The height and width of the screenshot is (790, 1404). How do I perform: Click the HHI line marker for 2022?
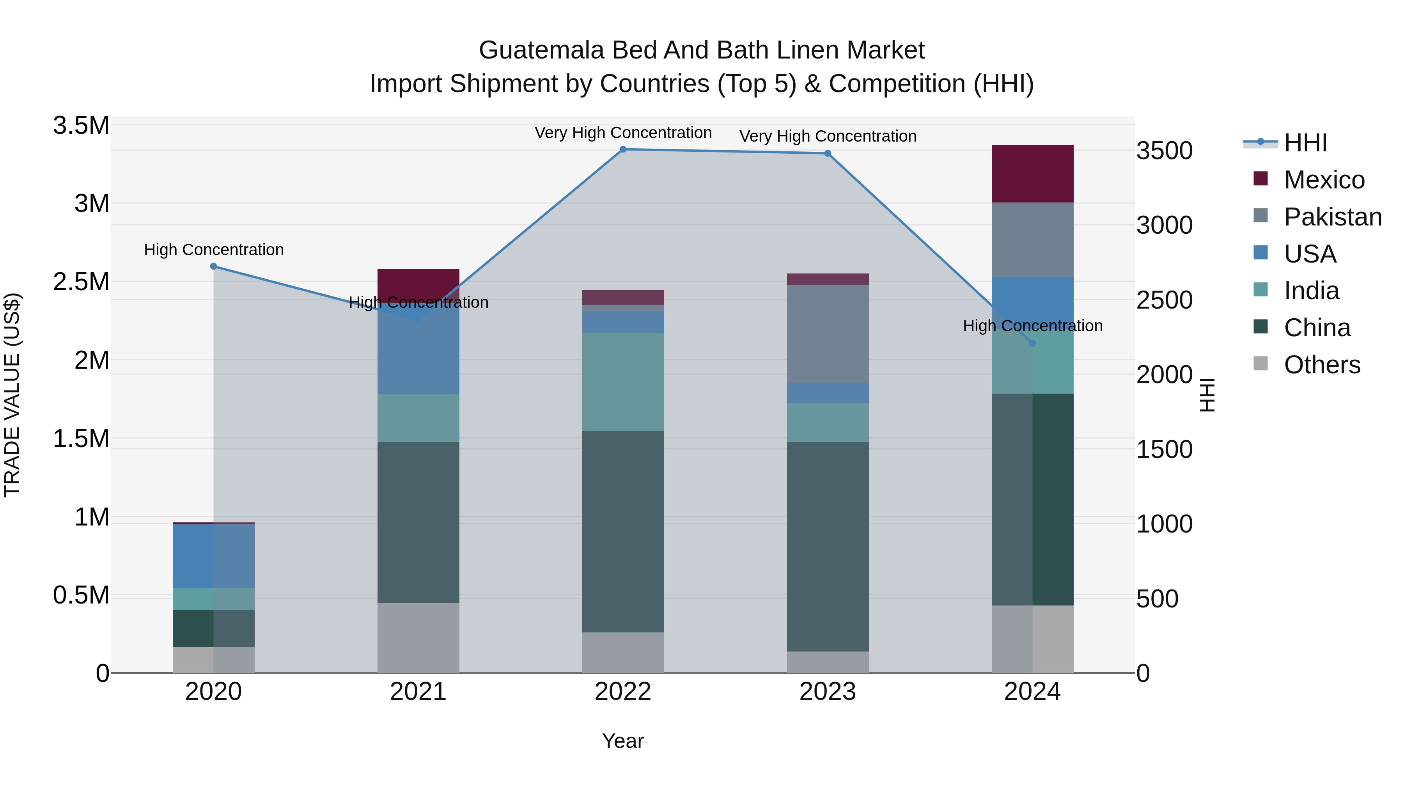(x=623, y=149)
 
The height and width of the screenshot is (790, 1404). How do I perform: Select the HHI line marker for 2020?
(x=214, y=266)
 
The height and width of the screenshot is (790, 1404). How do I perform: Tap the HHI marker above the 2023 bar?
(x=827, y=153)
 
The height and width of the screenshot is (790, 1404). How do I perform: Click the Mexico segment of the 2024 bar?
(x=1032, y=173)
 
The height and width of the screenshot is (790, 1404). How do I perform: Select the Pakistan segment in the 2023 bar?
(x=827, y=334)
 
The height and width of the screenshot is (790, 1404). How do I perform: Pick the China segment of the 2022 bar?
(x=623, y=532)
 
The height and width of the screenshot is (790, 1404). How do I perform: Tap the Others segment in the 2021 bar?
(x=418, y=637)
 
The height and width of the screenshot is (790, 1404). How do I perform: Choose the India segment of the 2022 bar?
(x=623, y=382)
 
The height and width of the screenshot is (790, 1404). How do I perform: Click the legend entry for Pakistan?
(x=1332, y=217)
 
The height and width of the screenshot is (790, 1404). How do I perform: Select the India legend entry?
(x=1311, y=291)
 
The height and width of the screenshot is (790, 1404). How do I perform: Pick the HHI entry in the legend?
(x=1305, y=143)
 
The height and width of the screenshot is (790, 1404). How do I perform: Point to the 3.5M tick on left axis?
(x=81, y=125)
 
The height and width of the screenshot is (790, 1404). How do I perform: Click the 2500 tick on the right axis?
(x=1164, y=300)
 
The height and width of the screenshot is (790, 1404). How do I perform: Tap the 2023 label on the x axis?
(x=827, y=692)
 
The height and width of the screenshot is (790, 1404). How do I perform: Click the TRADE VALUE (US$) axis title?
(x=12, y=395)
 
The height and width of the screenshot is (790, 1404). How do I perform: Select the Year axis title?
(x=622, y=741)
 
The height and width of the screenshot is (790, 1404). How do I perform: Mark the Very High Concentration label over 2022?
(x=623, y=133)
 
